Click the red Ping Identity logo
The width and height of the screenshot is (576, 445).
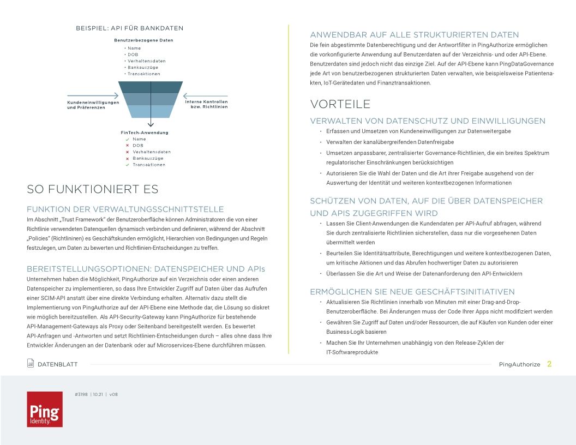pos(45,408)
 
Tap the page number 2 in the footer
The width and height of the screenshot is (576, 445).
pos(549,364)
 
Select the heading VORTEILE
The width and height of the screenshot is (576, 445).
pos(340,104)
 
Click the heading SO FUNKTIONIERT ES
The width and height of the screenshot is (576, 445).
pos(93,189)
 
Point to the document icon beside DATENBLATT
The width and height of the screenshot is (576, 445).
pos(31,364)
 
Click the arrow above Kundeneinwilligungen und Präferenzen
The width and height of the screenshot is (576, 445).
pos(93,95)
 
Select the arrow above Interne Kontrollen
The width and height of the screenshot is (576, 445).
pos(205,95)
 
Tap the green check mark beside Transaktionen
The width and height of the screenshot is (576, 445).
pos(127,165)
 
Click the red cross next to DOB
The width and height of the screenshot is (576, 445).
pos(127,146)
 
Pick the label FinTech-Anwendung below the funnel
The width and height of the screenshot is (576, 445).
pos(145,133)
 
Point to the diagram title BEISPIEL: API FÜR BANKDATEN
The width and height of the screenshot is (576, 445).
pos(129,28)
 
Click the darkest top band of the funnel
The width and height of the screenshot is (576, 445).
pos(151,87)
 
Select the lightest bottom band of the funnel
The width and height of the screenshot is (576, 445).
pos(151,112)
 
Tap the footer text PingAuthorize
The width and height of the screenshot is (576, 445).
pos(519,364)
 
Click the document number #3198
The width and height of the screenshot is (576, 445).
pos(81,393)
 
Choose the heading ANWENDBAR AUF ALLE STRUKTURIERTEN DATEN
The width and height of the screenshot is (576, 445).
pos(415,35)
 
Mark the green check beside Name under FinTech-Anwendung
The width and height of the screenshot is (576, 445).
pos(127,139)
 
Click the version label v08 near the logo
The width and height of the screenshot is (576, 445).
pos(113,393)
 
